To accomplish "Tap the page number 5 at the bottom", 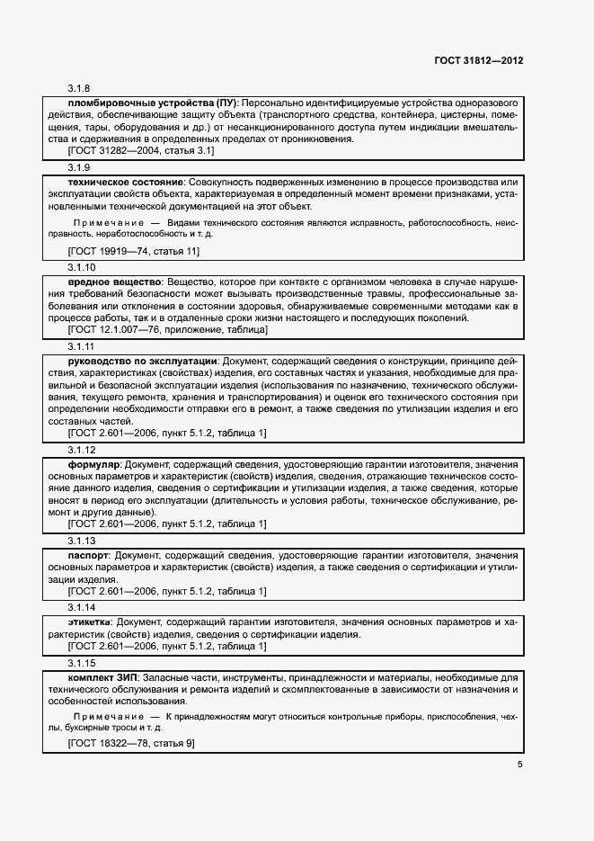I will coord(519,765).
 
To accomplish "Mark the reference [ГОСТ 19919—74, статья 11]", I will coord(134,251).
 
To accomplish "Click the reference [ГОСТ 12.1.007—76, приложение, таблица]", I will coord(167,330).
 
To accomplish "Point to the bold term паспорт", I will coord(89,556).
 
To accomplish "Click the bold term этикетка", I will coord(90,622).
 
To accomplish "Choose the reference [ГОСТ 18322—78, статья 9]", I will coord(131,744).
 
